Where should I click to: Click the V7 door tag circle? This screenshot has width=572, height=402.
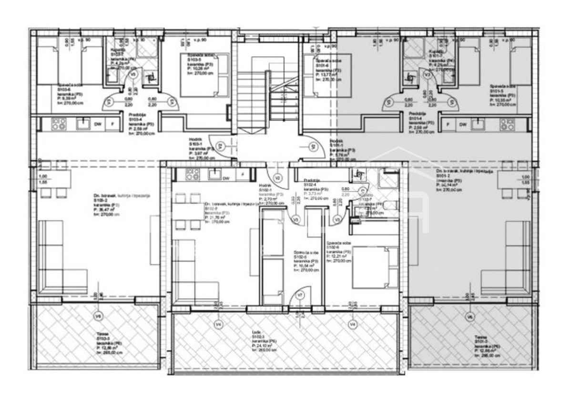tap(300, 295)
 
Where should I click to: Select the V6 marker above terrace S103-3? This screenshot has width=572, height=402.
tap(98, 316)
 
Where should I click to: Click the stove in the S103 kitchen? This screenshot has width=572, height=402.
tap(59, 124)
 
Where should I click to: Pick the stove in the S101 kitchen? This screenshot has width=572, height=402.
tap(507, 124)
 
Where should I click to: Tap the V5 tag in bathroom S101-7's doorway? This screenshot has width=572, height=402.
tap(428, 75)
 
